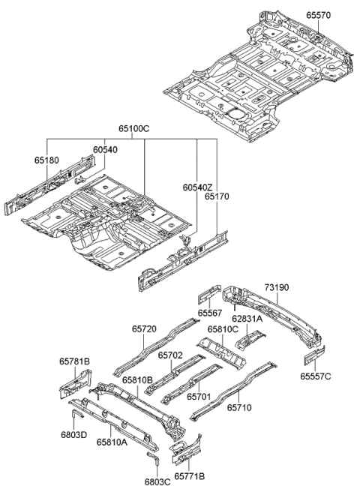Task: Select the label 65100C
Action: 134,129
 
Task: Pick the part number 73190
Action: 277,287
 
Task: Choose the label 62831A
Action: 247,318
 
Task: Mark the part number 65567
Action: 210,313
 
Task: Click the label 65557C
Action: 316,376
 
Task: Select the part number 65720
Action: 144,329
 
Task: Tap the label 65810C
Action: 223,329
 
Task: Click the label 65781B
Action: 75,361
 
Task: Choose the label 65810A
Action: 111,442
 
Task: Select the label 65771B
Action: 189,475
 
